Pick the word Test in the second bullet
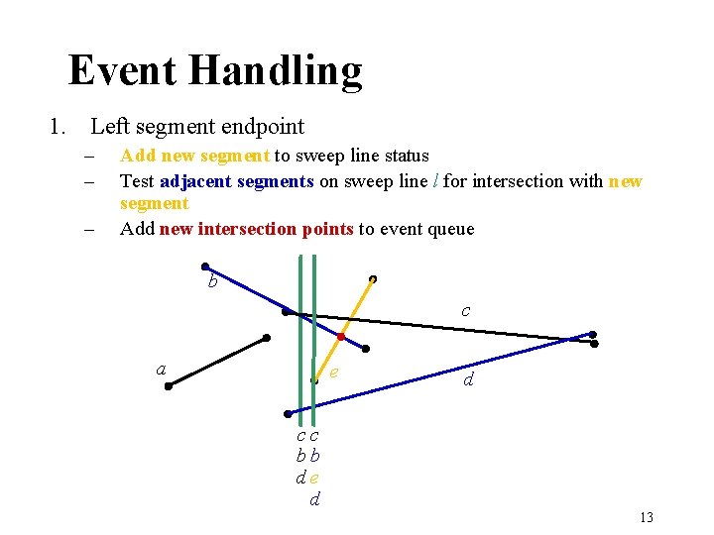click(x=137, y=181)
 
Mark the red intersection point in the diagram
click(x=340, y=337)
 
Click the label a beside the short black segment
click(x=161, y=369)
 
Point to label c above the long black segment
click(x=466, y=310)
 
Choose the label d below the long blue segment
click(x=467, y=378)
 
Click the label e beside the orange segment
click(x=334, y=372)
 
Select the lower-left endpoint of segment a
click(x=169, y=386)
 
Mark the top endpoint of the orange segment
click(x=372, y=278)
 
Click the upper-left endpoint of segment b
click(x=204, y=267)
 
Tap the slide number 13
click(x=647, y=517)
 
